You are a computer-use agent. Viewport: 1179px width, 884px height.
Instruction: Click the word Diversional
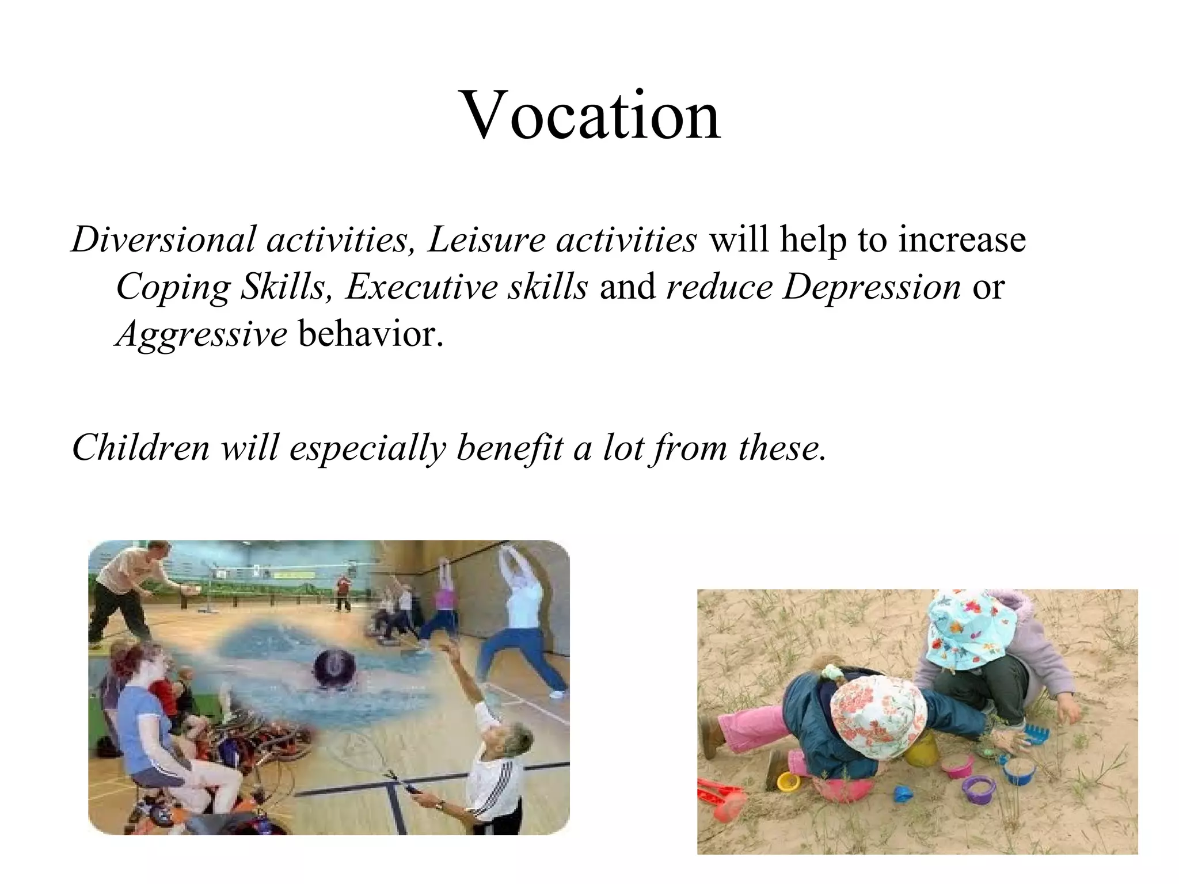[x=163, y=239]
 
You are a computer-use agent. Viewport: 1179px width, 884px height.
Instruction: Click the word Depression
[x=871, y=287]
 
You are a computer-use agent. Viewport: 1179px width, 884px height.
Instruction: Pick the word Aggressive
[x=201, y=334]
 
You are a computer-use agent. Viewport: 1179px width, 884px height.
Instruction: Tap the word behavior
[x=371, y=334]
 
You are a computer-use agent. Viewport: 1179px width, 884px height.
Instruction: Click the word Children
[x=140, y=447]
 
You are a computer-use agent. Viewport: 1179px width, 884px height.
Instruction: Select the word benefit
[x=509, y=447]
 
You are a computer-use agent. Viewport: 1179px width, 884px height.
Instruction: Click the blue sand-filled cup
[x=1018, y=769]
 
